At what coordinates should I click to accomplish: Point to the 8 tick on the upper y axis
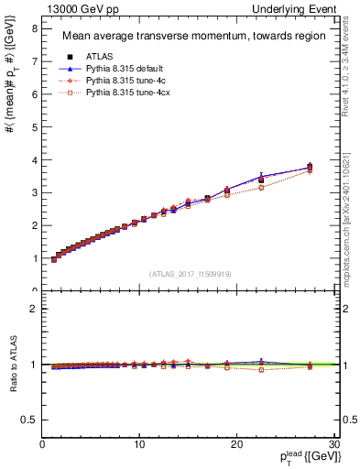coord(34,28)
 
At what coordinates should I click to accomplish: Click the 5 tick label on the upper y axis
coord(34,126)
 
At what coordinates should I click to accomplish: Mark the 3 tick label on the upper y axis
coord(34,192)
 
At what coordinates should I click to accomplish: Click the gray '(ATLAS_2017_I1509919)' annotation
coord(191,272)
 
